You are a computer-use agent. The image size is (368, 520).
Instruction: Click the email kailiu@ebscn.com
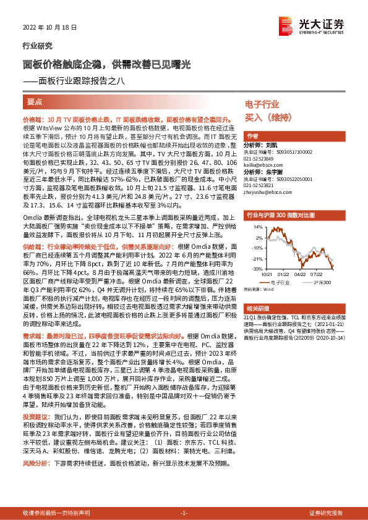[263, 166]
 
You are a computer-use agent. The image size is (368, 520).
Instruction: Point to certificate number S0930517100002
[292, 151]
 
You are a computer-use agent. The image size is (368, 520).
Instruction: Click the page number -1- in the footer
[183, 513]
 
